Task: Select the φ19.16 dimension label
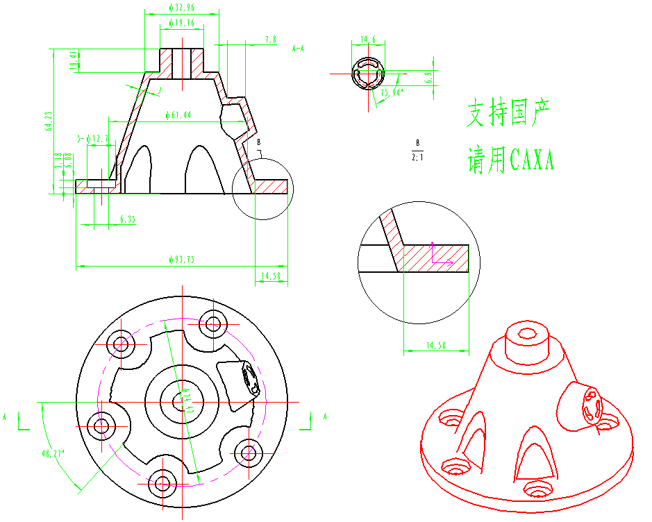(182, 23)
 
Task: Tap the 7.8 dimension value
(271, 40)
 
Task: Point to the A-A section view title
(299, 49)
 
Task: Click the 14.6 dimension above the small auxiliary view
(367, 40)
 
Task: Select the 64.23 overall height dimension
(49, 121)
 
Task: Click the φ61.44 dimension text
(179, 115)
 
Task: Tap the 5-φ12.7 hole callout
(93, 140)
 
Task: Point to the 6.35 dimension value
(128, 219)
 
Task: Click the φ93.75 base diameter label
(181, 260)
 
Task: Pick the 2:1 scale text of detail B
(417, 158)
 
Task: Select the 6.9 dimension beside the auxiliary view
(428, 77)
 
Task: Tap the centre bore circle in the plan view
(182, 401)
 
